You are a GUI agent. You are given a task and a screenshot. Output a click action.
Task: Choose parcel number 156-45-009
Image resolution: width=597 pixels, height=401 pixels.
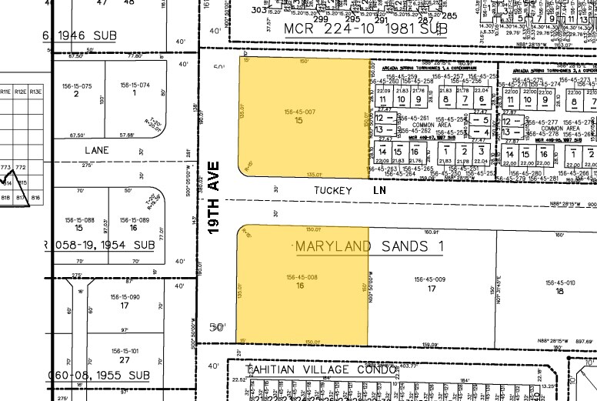pos(430,279)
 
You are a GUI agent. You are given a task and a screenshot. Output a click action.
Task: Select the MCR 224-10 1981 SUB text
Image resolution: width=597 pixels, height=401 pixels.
pos(365,28)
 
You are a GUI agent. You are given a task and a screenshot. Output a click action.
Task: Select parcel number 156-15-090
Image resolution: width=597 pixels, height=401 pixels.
pos(125,296)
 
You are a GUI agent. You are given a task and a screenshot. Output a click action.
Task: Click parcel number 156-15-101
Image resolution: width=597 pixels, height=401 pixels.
pos(125,351)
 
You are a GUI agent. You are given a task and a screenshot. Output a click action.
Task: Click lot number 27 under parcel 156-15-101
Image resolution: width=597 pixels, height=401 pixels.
pos(125,359)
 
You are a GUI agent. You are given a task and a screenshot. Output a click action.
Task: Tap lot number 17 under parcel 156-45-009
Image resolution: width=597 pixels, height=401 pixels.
pos(432,289)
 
